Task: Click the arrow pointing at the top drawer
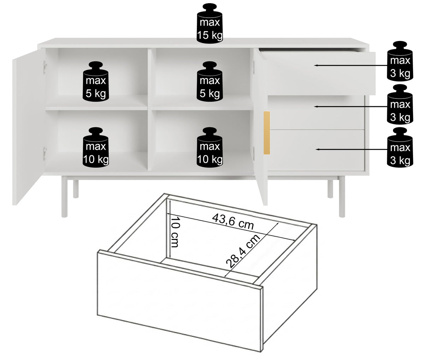351,66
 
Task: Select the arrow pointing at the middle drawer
351,107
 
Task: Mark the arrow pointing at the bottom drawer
351,149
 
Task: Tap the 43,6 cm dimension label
233,221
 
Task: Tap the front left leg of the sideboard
64,198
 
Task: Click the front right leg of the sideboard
342,198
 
